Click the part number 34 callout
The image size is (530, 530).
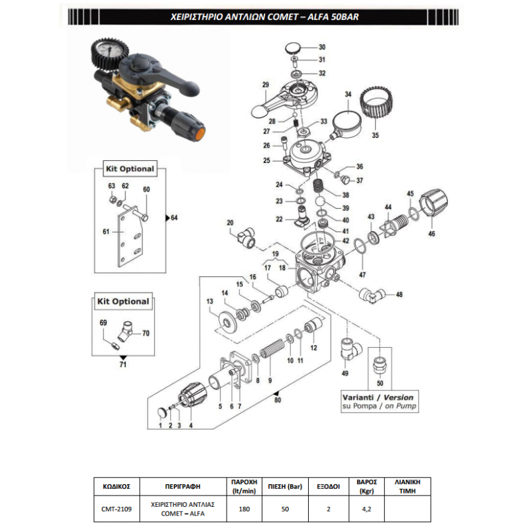coord(347,95)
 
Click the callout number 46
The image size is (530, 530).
coord(431,234)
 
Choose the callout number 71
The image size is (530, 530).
coord(122,364)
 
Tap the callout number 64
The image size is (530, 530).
coord(174,218)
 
